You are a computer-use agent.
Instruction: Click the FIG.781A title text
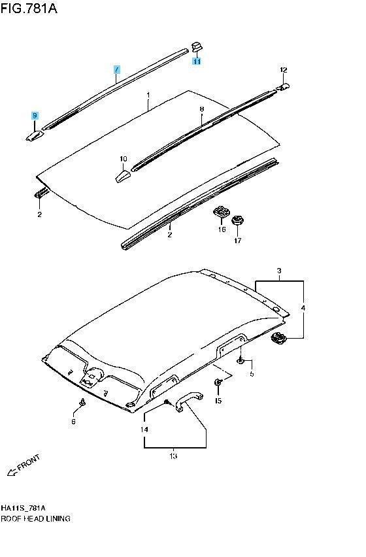29,8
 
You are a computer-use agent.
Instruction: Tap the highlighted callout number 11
197,61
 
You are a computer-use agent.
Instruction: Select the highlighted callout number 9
35,116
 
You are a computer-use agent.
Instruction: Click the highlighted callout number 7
117,70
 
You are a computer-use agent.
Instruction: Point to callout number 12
283,70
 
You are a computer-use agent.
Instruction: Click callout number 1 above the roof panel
148,95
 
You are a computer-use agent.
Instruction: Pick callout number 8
202,109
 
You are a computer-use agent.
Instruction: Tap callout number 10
123,159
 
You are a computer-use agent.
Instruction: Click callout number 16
222,229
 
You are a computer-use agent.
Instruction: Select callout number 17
238,241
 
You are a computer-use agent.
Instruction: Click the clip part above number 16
221,212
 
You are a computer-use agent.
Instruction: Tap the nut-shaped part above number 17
237,220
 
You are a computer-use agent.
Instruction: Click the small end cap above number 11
197,46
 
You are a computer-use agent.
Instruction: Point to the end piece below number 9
35,135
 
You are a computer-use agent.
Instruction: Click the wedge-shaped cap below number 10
123,177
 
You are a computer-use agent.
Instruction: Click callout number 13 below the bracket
173,456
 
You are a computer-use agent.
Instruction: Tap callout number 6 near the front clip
73,422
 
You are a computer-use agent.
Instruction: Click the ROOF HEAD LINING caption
35,518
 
